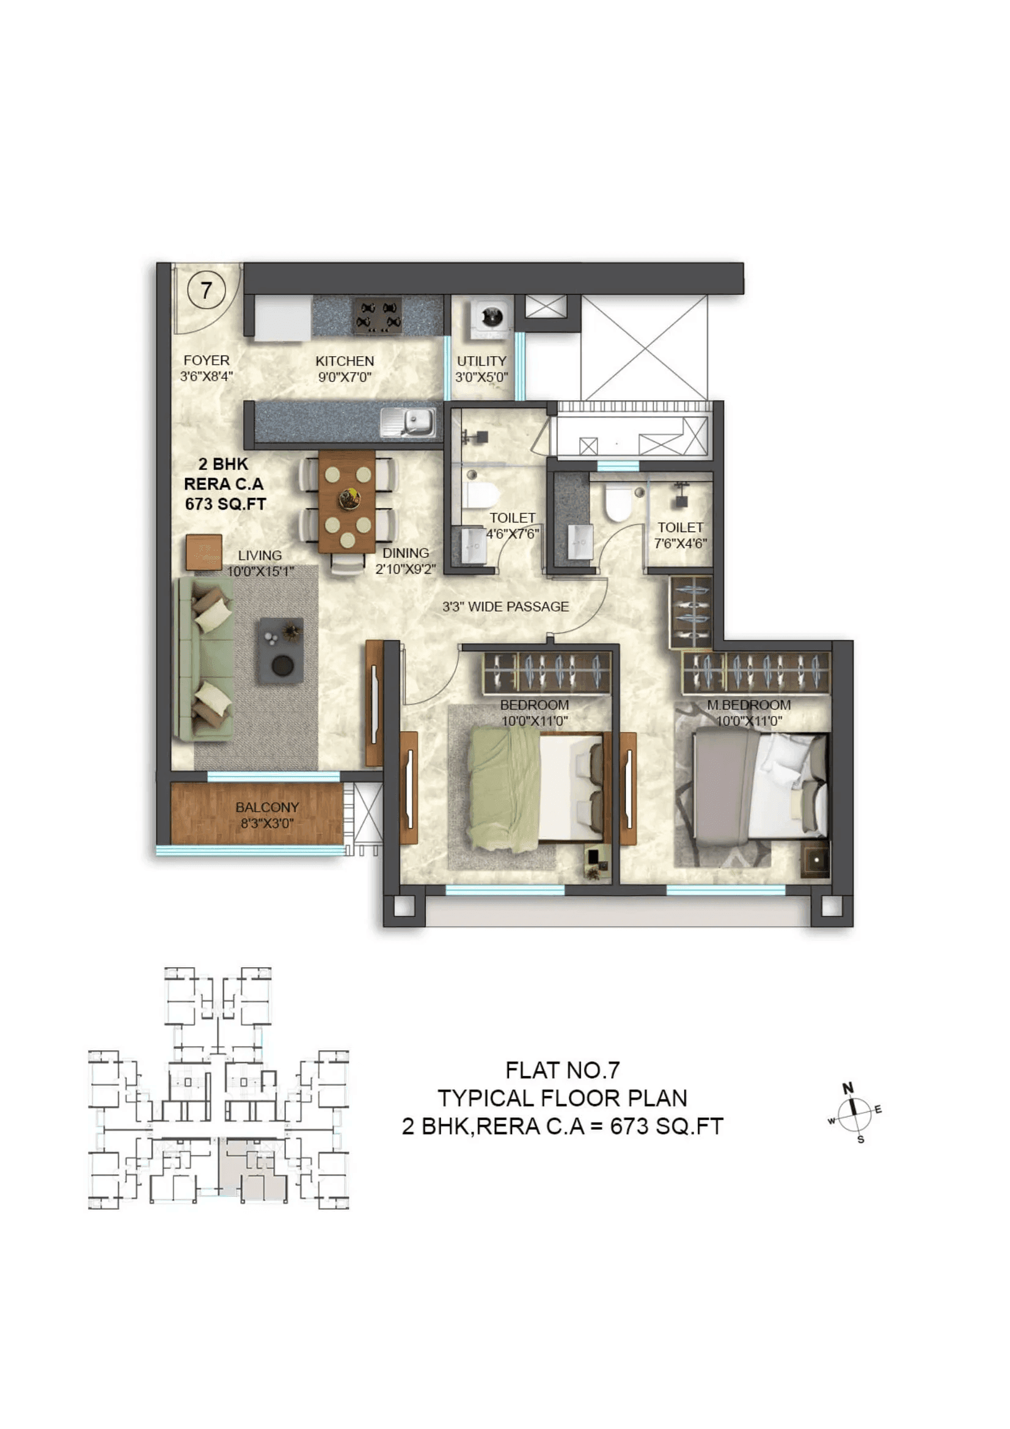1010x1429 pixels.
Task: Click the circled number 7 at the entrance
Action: pyautogui.click(x=206, y=290)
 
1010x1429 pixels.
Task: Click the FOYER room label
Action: pyautogui.click(x=207, y=360)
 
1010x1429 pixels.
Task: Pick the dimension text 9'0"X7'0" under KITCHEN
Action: pyautogui.click(x=345, y=377)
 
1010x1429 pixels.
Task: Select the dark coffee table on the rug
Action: pyautogui.click(x=281, y=651)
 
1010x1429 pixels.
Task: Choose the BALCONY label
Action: pyautogui.click(x=267, y=807)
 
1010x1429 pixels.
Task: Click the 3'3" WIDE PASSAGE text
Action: pyautogui.click(x=505, y=607)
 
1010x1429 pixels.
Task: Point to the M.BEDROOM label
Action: pyautogui.click(x=748, y=705)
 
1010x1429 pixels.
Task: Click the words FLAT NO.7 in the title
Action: pyautogui.click(x=563, y=1070)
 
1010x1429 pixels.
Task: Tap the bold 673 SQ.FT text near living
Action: pyautogui.click(x=225, y=504)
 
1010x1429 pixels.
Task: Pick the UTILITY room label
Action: pyautogui.click(x=481, y=361)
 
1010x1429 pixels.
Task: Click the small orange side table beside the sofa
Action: pyautogui.click(x=204, y=552)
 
